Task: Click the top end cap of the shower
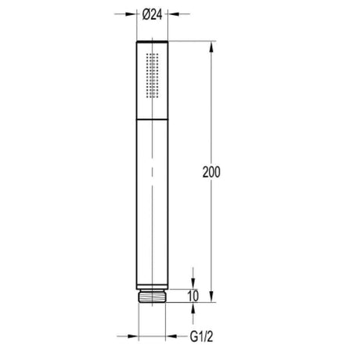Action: coord(153,40)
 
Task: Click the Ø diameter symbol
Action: coord(146,14)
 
